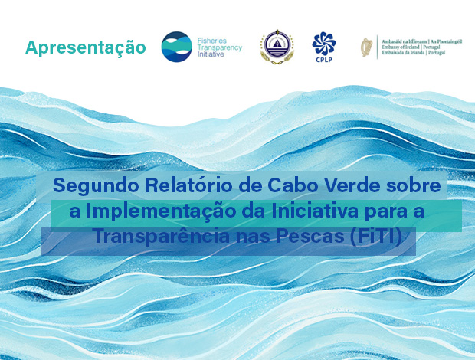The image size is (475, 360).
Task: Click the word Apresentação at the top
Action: (85, 47)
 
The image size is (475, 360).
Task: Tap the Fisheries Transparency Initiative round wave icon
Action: (176, 46)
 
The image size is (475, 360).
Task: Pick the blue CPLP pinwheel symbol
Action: (323, 41)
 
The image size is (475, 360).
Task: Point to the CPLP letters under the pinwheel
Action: (323, 58)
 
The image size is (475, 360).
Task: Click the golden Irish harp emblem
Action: (368, 47)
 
